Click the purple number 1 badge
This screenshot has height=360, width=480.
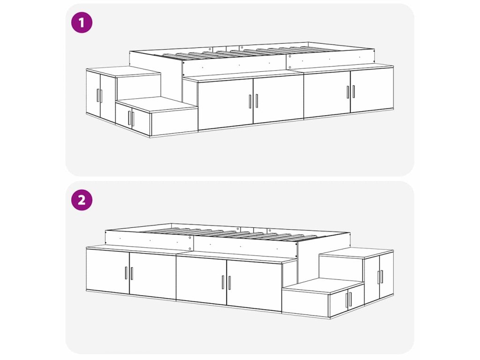pos(82,22)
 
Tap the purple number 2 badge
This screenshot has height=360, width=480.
pos(82,200)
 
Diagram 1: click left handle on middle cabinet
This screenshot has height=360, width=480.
pos(250,101)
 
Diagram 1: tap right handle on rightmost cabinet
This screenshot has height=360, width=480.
pos(353,91)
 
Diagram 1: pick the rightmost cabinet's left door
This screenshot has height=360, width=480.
pos(327,95)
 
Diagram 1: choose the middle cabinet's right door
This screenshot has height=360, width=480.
pos(278,99)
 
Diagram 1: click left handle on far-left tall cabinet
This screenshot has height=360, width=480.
pos(98,95)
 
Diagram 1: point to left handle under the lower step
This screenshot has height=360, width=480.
pos(129,118)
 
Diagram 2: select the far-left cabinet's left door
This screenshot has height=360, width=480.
pos(108,271)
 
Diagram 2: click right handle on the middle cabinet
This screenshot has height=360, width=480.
pos(229,283)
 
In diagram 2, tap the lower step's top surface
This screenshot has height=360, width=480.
pos(322,286)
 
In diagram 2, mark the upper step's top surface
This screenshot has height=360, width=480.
pos(356,254)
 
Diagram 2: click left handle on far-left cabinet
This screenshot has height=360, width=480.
pos(126,273)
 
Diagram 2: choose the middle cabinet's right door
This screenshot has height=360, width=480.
pos(254,285)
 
